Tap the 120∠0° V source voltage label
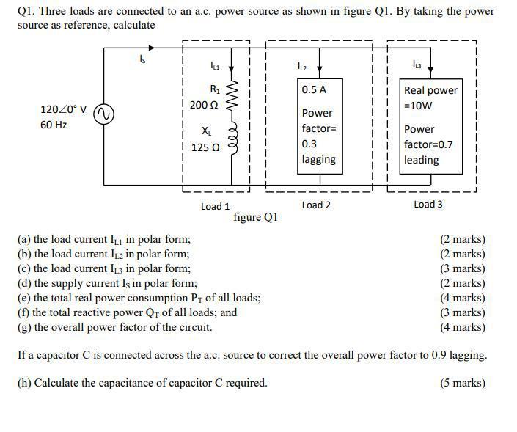pyautogui.click(x=64, y=110)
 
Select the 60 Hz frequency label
pyautogui.click(x=54, y=125)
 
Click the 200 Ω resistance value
pyautogui.click(x=204, y=104)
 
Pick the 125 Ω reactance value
pyautogui.click(x=205, y=147)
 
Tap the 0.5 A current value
pyautogui.click(x=314, y=89)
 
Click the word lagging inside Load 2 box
pyautogui.click(x=318, y=159)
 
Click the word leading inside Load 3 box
pyautogui.click(x=422, y=160)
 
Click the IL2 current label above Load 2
pyautogui.click(x=302, y=67)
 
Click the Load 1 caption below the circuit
pyautogui.click(x=215, y=206)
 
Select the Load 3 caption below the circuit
pyautogui.click(x=428, y=205)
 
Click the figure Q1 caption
pyautogui.click(x=255, y=217)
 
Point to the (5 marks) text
pyautogui.click(x=462, y=383)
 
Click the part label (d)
pyautogui.click(x=24, y=283)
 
